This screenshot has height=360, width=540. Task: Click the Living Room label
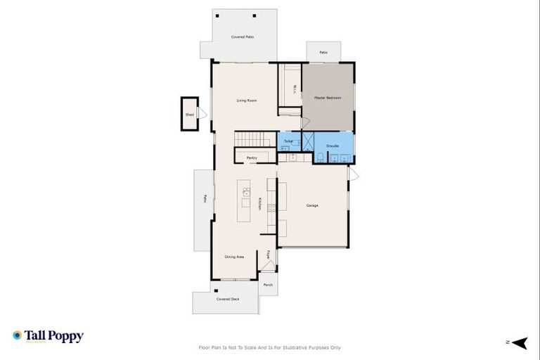pos(246,101)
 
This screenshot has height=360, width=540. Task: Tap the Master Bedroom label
pos(328,98)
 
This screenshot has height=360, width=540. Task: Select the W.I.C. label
pos(294,89)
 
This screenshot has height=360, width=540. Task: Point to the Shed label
pos(189,114)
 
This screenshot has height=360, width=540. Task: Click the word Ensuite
pos(333,146)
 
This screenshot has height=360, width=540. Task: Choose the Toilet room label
pos(288,141)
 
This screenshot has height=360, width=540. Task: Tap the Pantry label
pos(251,158)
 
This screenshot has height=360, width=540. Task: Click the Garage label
pos(312,205)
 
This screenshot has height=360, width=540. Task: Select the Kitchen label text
pos(259,203)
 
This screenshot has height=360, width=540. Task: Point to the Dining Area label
pos(234,257)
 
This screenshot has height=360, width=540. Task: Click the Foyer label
pos(268,255)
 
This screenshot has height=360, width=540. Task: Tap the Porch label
pos(268,285)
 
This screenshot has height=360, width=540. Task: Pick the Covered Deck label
pos(227,299)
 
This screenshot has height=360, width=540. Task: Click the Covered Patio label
pos(243,37)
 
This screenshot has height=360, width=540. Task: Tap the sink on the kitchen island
pos(246,191)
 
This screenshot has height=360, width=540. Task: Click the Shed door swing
pos(202,113)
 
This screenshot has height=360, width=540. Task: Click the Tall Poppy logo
pos(48,336)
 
